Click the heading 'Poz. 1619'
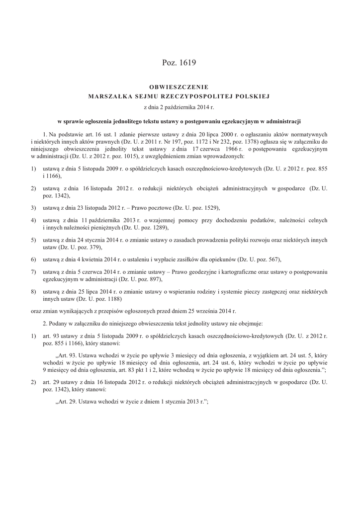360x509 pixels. click(x=179, y=63)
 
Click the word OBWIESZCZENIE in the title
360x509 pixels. click(x=179, y=87)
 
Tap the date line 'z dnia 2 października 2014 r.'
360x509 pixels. click(x=179, y=106)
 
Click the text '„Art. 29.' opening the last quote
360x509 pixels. click(x=67, y=402)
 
